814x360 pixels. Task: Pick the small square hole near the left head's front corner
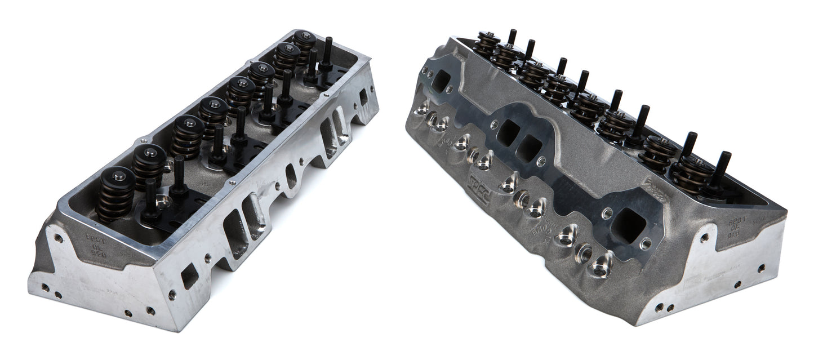[x=189, y=275]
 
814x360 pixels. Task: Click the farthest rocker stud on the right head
[x=512, y=38]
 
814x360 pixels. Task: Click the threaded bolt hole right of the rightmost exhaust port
[x=647, y=244]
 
